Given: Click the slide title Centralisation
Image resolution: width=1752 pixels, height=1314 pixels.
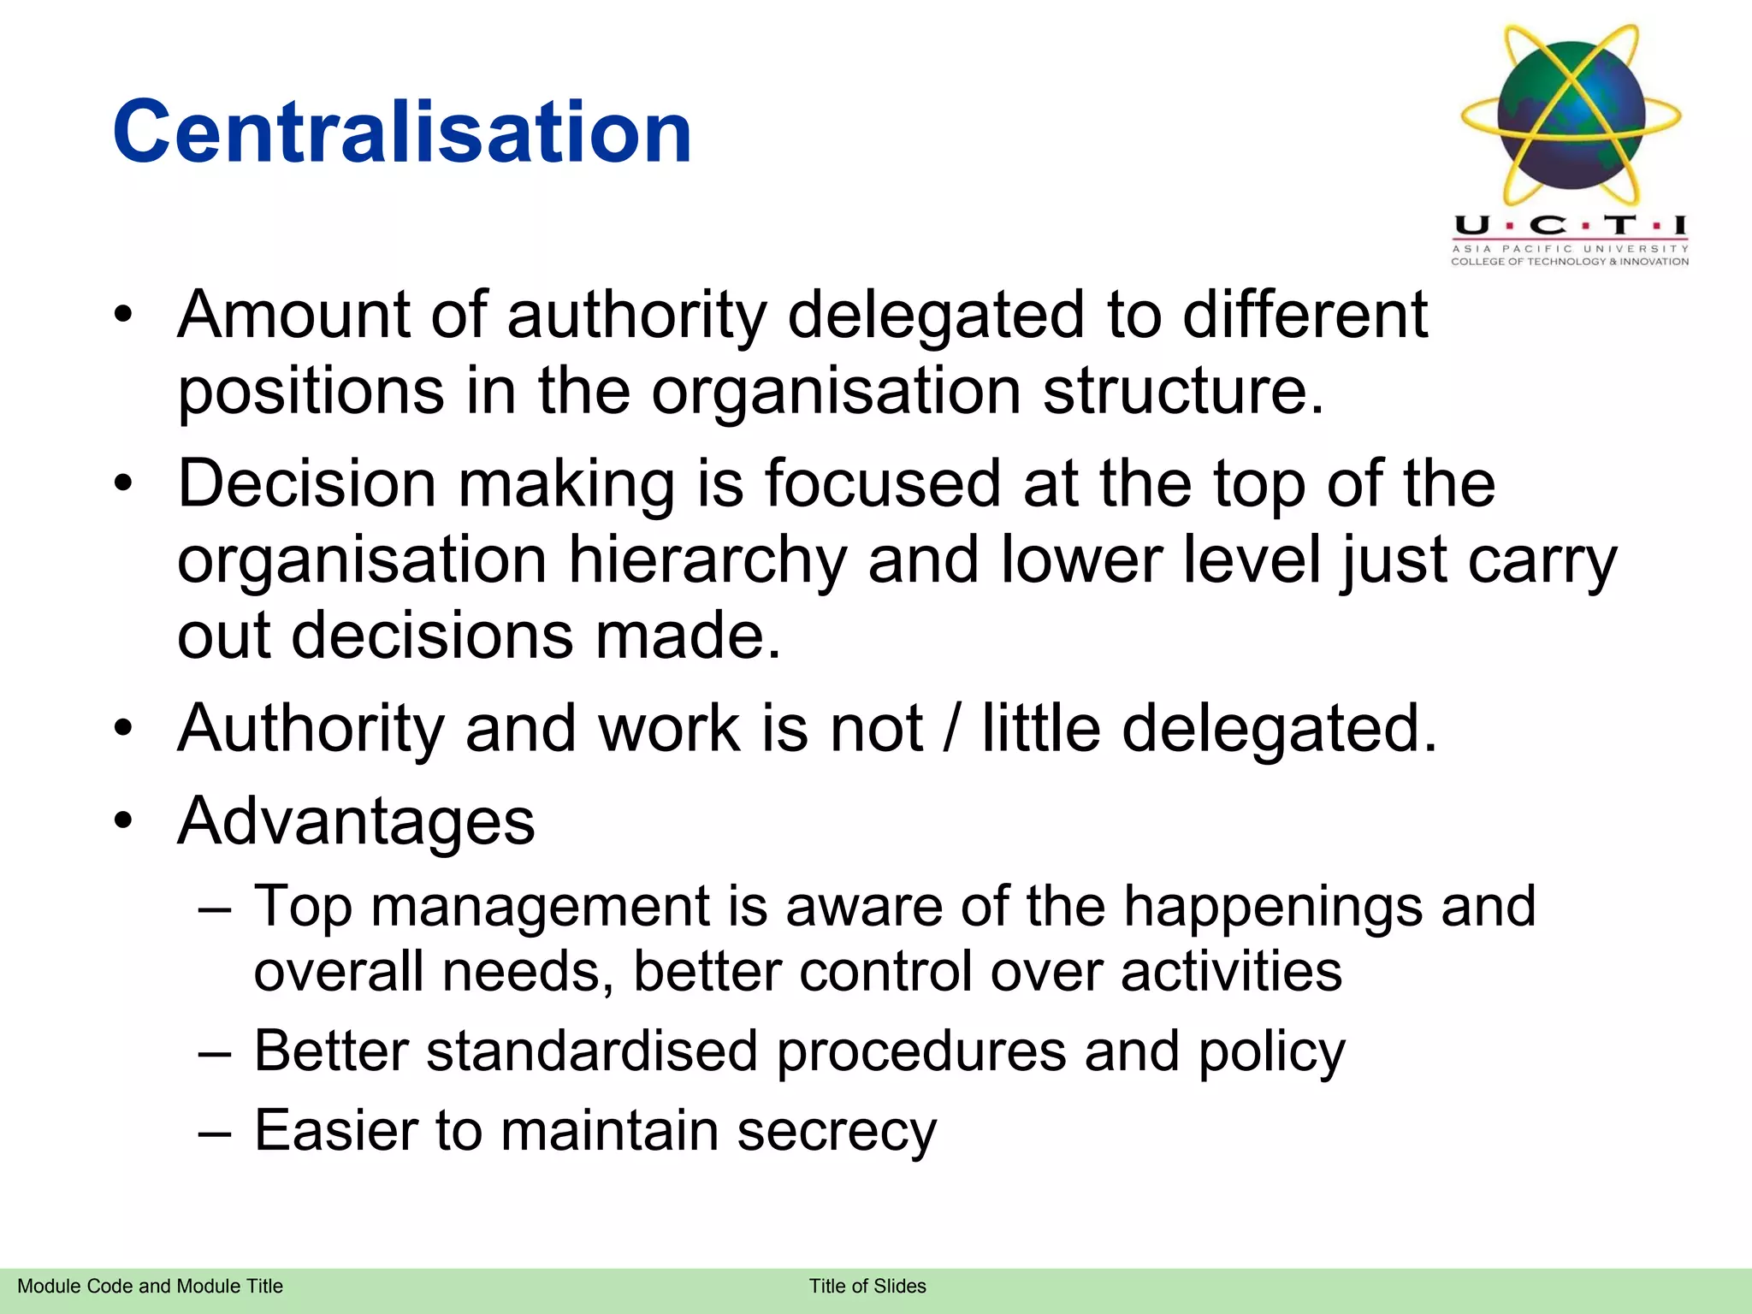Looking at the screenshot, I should point(402,133).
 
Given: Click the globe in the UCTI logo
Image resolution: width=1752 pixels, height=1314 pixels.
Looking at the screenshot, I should point(1571,115).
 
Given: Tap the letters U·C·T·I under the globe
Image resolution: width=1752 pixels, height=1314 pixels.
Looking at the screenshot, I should point(1571,226).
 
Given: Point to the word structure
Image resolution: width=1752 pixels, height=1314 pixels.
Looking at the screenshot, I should point(1182,391).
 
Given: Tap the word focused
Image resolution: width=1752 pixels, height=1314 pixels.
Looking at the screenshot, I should point(882,484).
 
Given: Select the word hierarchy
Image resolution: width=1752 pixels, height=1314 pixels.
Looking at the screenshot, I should point(707,561).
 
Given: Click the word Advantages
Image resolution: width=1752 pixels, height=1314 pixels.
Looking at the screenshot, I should point(356,821).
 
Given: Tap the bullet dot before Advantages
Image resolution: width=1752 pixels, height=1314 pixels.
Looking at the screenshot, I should point(124,821).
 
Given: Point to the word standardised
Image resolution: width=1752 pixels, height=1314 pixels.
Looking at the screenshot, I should point(592,1051).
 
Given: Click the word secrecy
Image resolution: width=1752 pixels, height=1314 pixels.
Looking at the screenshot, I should point(837,1131).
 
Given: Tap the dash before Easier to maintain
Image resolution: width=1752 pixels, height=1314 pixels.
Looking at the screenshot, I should point(215,1131).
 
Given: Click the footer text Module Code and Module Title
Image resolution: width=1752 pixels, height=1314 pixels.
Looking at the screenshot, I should point(150,1287).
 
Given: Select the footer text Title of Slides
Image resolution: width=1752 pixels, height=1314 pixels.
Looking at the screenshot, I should point(867,1287).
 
